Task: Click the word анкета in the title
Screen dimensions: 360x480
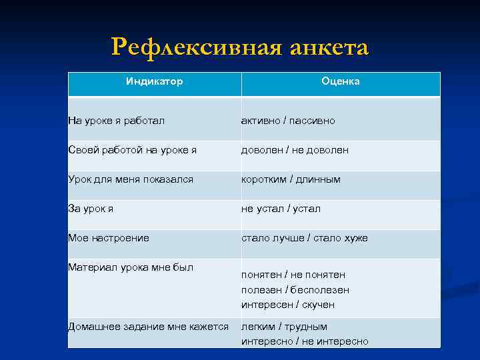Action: (x=329, y=48)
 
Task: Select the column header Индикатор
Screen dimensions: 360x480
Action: (x=155, y=81)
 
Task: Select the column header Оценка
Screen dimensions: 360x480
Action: (x=340, y=81)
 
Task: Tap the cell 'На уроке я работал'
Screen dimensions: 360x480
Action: (x=117, y=121)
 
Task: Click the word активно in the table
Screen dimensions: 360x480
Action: (x=261, y=121)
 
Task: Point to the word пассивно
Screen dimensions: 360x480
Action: (x=312, y=121)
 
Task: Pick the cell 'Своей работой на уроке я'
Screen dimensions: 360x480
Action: (x=132, y=150)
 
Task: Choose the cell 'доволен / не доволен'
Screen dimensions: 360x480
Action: (x=295, y=150)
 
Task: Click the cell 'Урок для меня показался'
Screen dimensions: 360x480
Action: (x=131, y=179)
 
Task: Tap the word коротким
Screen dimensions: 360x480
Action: (x=265, y=179)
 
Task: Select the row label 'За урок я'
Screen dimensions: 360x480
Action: (x=91, y=209)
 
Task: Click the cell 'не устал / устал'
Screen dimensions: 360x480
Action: (x=281, y=209)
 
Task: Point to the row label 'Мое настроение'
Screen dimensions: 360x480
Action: (x=109, y=238)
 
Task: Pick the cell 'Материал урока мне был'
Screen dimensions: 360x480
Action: (x=131, y=267)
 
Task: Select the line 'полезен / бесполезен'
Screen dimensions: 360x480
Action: (x=295, y=290)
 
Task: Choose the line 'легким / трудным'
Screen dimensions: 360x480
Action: (x=284, y=327)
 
